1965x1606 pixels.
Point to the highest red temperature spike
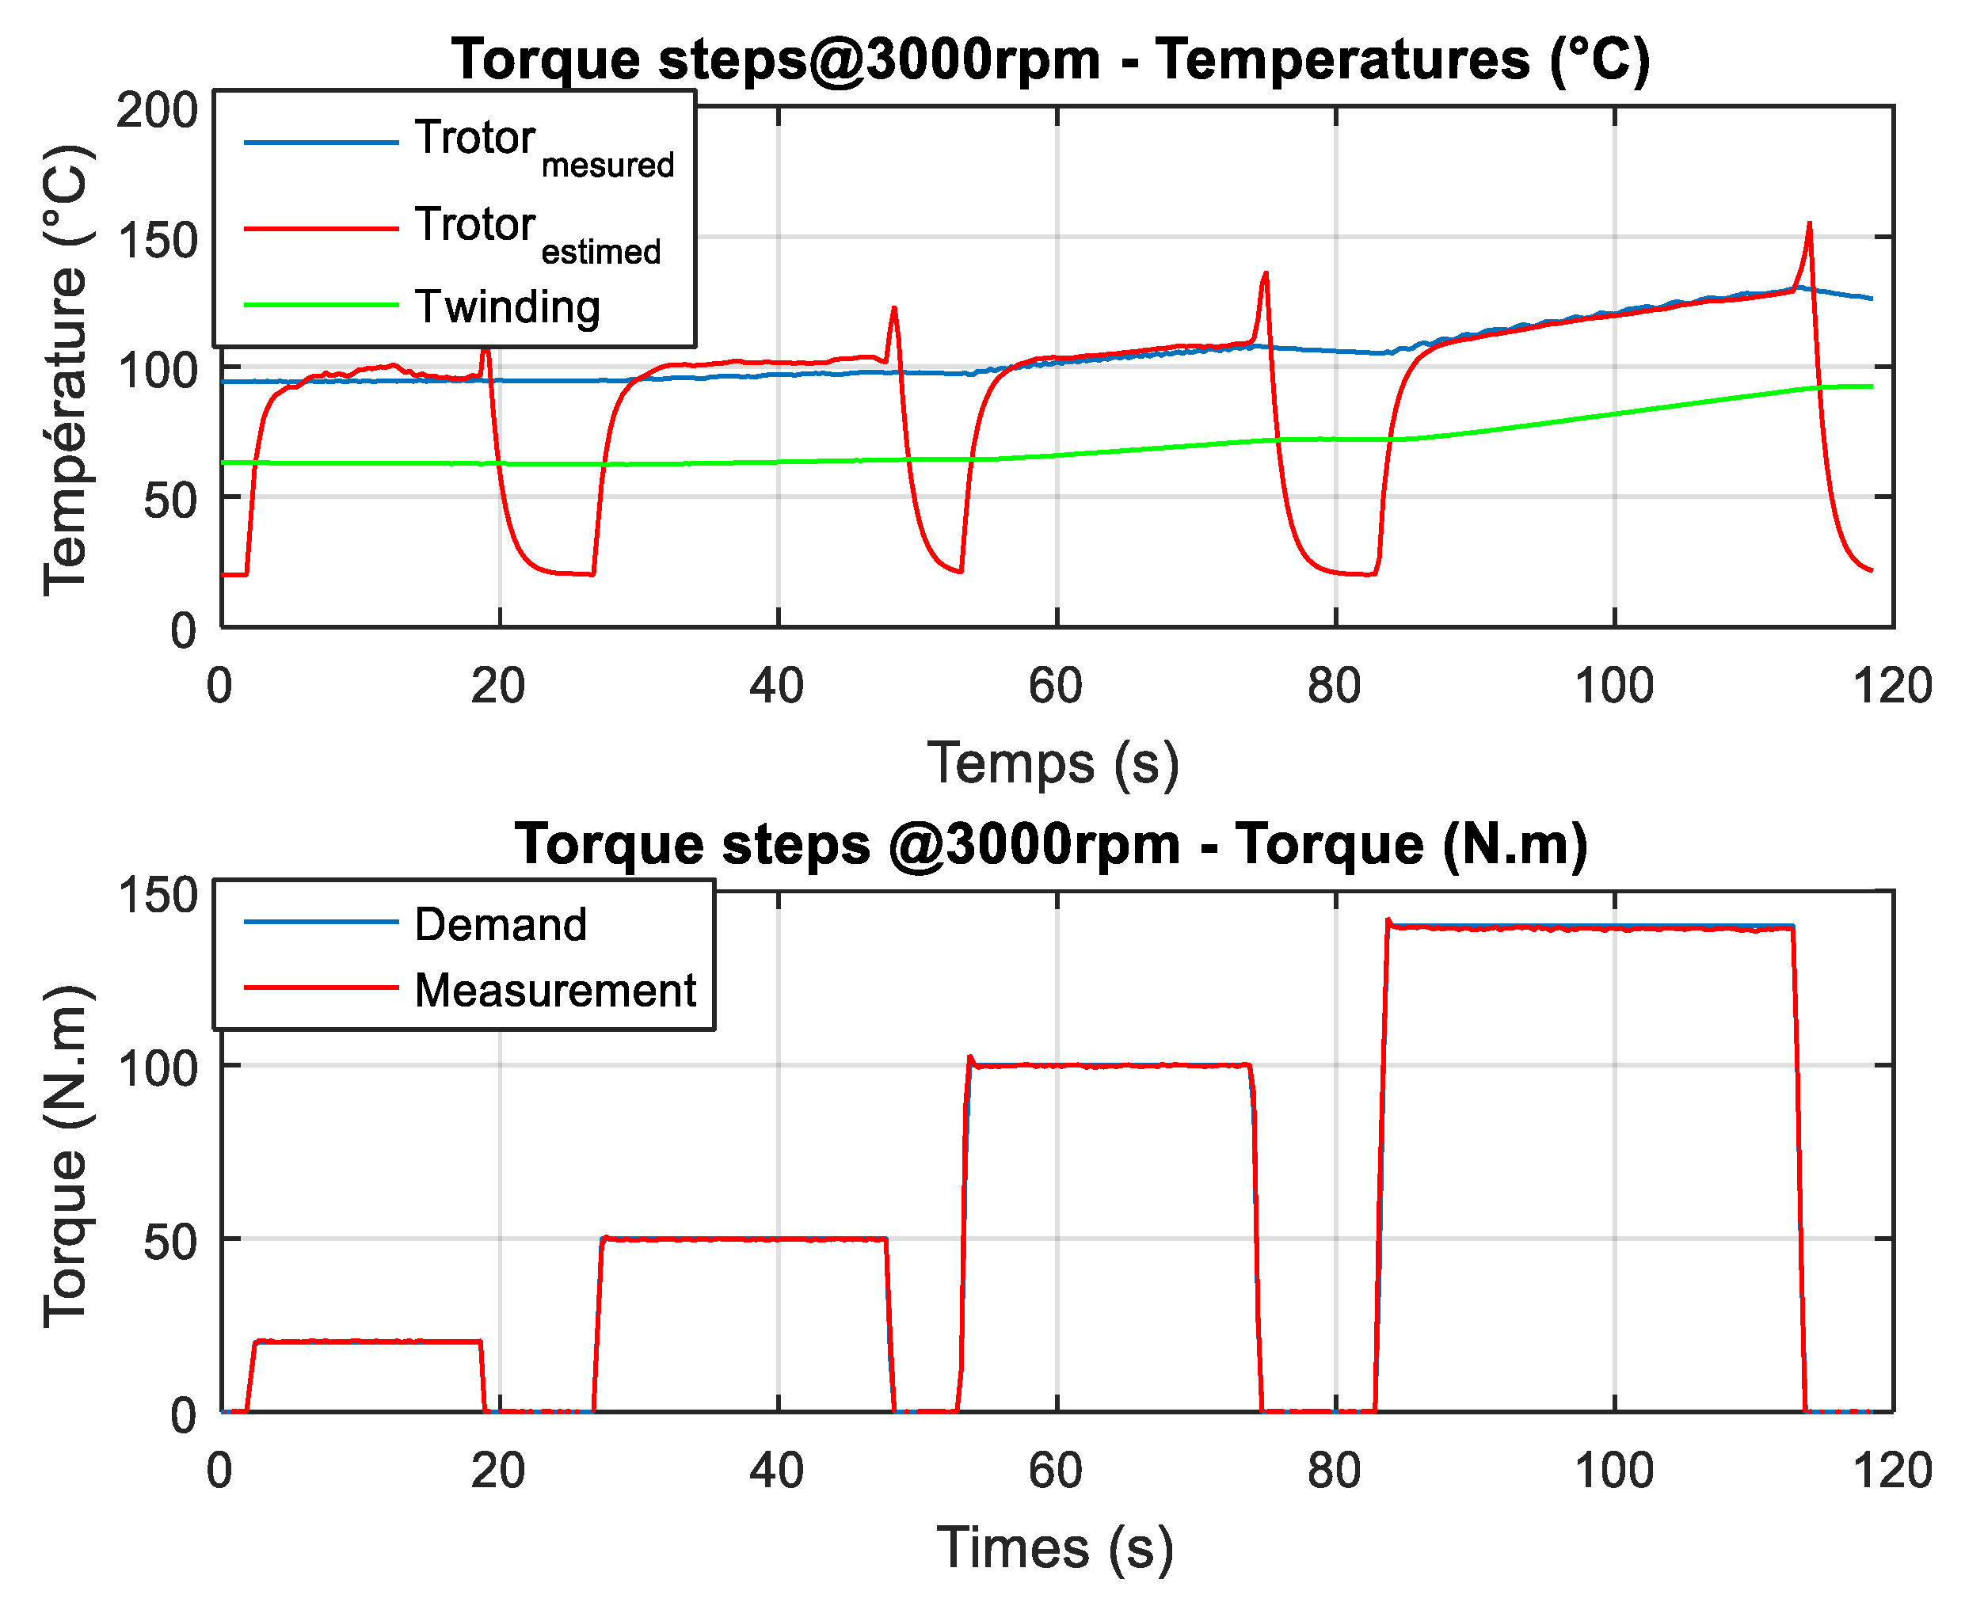(1809, 225)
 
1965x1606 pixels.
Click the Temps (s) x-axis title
(1053, 764)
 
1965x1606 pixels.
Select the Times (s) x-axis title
(1056, 1547)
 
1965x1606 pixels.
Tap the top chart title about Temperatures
(1051, 59)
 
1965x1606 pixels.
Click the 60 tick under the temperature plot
(1056, 687)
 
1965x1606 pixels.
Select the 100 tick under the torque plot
(1614, 1471)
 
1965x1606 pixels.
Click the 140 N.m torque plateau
(1591, 927)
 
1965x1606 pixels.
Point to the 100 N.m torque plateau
(1110, 1066)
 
